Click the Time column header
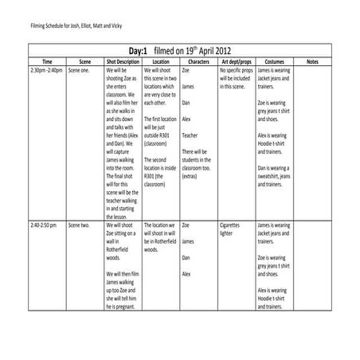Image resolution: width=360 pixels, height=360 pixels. (46, 61)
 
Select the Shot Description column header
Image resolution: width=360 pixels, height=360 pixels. (123, 61)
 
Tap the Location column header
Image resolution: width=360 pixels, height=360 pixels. (161, 61)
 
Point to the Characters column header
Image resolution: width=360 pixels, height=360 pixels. (198, 61)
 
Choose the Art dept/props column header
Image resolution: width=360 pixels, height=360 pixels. (236, 61)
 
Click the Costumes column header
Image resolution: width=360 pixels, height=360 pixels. (274, 61)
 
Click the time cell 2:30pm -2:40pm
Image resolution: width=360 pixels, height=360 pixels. (46, 70)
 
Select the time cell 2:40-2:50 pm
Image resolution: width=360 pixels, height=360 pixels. (44, 225)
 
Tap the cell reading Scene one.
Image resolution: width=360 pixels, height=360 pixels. (80, 70)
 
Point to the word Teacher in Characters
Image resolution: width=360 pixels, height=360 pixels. (190, 135)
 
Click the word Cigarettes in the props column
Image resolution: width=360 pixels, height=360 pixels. (229, 225)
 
